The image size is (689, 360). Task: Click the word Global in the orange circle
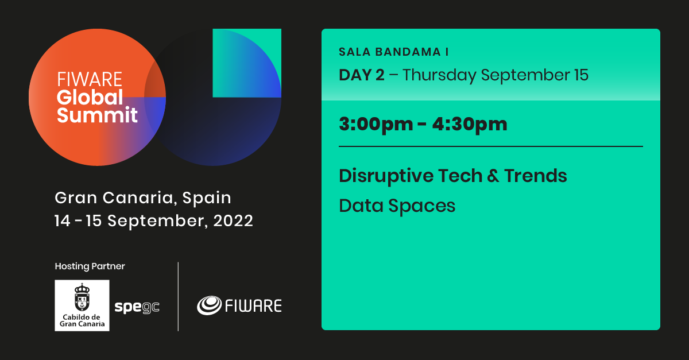(90, 97)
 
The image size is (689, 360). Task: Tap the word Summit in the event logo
(97, 115)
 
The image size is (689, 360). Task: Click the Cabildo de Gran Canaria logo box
(82, 305)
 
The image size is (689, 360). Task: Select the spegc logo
(137, 307)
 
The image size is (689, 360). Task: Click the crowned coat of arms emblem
(82, 297)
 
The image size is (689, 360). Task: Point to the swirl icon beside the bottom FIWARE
(209, 305)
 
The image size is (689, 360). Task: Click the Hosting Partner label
(90, 266)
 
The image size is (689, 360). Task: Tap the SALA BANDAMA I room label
(394, 52)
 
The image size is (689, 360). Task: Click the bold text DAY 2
(362, 75)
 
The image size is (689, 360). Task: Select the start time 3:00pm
(376, 125)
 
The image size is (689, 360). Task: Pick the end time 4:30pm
(470, 125)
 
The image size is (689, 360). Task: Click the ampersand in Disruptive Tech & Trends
(493, 176)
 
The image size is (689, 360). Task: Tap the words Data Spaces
(397, 206)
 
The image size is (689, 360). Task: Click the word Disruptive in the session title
(386, 176)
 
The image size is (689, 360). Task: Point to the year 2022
(233, 220)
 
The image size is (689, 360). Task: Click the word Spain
(207, 198)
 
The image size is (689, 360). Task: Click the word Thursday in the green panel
(439, 75)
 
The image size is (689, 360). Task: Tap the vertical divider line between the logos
(178, 297)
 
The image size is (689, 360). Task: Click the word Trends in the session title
(536, 176)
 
